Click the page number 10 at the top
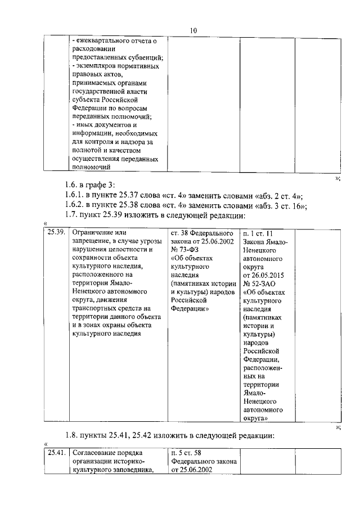point(193,30)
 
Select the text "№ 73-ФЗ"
point(184,250)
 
